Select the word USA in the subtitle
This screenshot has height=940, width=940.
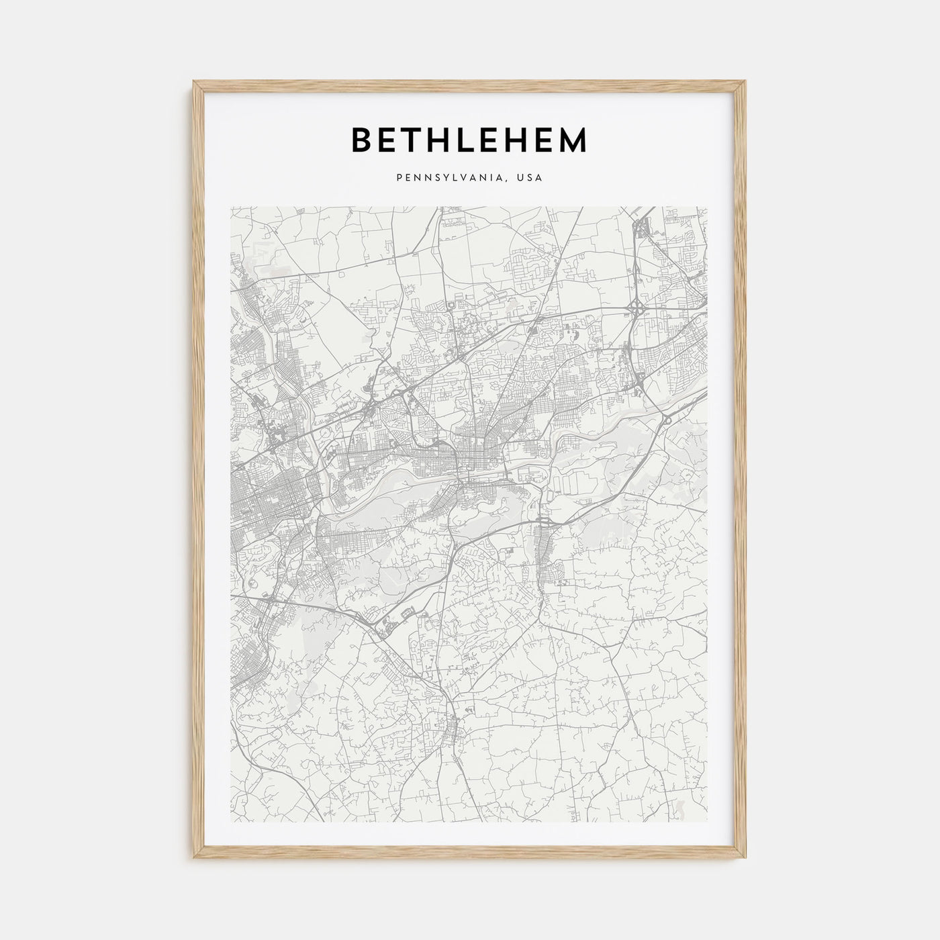[530, 179]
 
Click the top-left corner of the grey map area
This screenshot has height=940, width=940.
[231, 207]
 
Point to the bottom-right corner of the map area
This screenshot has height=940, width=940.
[708, 822]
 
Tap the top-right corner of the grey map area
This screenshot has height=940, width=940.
[708, 207]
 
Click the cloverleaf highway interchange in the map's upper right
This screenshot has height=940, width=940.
[636, 310]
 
